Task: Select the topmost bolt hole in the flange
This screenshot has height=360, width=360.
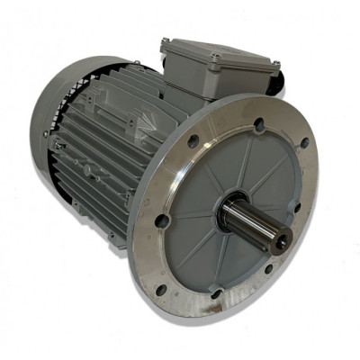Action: coord(259,124)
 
